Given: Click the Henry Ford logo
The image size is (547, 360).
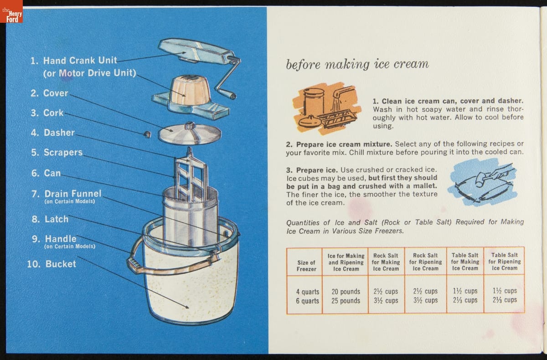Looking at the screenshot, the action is pos(11,11).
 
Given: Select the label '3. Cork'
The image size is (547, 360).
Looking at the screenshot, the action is pos(47,113).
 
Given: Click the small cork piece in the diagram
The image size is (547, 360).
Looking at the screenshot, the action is pos(148,134).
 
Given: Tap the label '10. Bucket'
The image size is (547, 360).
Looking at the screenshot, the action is pos(52,264).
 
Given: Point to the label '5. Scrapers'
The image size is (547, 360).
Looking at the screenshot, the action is pos(57,152).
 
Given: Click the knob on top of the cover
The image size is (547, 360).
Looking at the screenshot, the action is pos(190,126).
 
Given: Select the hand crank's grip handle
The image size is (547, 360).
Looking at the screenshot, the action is pos(227,94).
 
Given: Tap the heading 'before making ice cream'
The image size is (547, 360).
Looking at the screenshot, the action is pos(357,64).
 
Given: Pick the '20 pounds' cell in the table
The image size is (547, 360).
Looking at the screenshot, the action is pos(346,292).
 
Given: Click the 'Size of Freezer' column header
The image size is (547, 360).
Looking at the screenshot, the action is pos(306,266).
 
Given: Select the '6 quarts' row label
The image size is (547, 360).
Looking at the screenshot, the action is pos(307,301).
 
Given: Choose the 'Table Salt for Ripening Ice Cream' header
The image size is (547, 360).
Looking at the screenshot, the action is pos(505,262).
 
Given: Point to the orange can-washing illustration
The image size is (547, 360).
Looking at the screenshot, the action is pos(327,108).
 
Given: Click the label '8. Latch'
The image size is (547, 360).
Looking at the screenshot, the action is pos(50,219).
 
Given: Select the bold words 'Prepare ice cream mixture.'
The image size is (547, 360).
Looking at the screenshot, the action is pos(339,144).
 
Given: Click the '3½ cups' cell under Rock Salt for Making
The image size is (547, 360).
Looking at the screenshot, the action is pos(386,301).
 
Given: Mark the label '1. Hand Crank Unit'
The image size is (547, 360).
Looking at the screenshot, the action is pos(74,61).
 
